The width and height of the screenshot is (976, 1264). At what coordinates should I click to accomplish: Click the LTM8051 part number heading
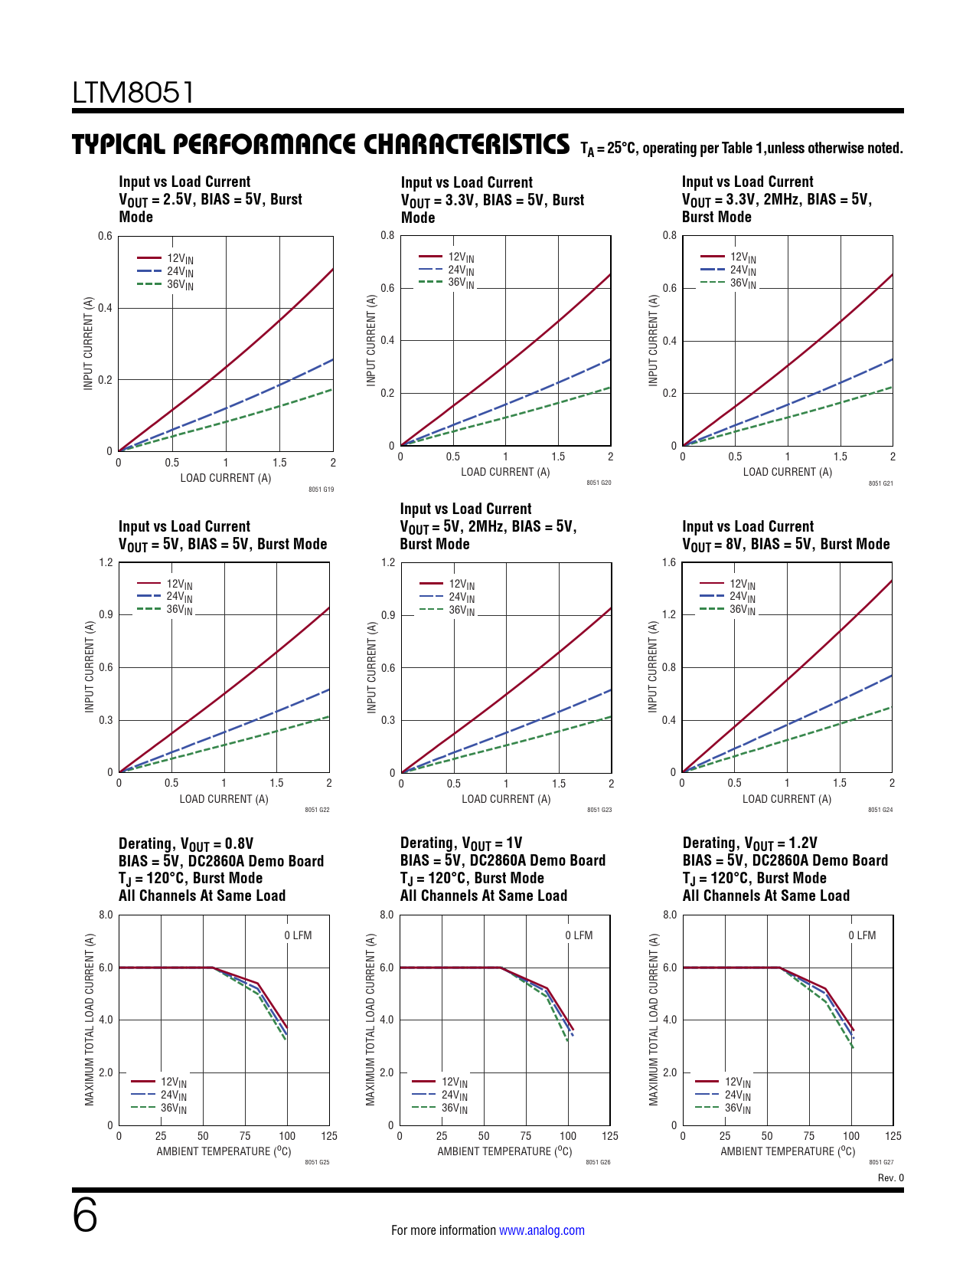point(133,93)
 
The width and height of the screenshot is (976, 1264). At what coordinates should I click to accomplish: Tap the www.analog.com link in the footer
point(541,1230)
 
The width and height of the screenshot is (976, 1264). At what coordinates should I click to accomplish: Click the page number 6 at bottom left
point(85,1216)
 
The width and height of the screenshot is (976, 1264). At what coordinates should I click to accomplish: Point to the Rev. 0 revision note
point(890,1178)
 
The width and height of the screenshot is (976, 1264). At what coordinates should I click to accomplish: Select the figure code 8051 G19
point(321,490)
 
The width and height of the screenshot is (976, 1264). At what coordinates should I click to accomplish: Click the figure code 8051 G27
point(881,1162)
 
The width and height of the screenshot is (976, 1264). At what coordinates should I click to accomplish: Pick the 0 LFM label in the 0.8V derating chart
point(298,935)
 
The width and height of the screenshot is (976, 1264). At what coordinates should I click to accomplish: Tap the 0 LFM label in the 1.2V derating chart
point(862,935)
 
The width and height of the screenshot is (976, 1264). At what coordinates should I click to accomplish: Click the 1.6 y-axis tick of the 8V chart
point(669,563)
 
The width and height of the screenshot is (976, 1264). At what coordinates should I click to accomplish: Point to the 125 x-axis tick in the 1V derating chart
point(610,1136)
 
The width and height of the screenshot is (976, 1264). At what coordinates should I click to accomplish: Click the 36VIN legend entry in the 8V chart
point(742,610)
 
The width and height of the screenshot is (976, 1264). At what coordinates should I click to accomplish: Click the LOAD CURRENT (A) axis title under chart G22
point(224,799)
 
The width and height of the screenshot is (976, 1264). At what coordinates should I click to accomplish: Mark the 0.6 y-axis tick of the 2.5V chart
point(105,236)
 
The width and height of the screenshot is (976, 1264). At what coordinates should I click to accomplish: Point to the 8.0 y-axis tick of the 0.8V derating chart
point(106,915)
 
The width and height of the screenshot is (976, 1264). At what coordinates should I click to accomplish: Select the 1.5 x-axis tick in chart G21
point(840,457)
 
